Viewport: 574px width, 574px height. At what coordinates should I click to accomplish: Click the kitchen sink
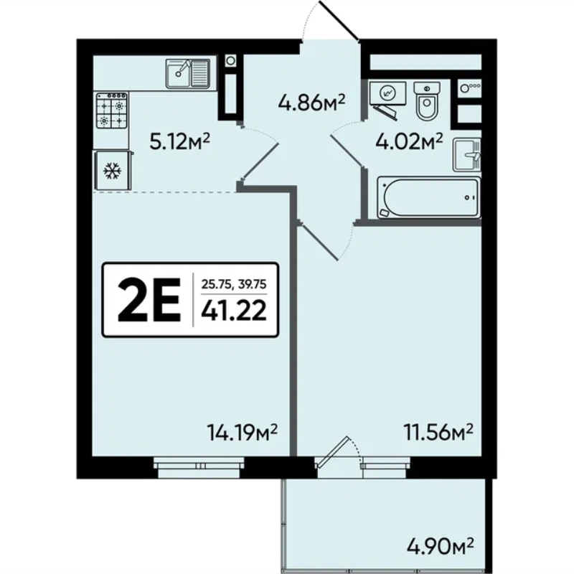pyautogui.click(x=188, y=74)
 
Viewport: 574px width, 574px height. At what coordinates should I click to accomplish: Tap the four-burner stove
pyautogui.click(x=112, y=110)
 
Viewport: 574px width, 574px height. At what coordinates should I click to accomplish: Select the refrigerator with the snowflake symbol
pyautogui.click(x=113, y=171)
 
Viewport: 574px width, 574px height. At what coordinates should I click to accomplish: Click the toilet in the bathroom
pyautogui.click(x=426, y=100)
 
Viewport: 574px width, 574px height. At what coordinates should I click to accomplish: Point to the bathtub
pyautogui.click(x=428, y=198)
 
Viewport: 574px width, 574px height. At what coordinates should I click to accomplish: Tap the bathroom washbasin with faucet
pyautogui.click(x=467, y=154)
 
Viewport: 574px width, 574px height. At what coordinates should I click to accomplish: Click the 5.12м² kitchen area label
pyautogui.click(x=179, y=141)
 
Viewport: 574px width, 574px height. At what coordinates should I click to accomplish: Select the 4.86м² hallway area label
pyautogui.click(x=312, y=102)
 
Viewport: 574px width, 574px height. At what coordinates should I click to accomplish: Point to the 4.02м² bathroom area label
pyautogui.click(x=409, y=141)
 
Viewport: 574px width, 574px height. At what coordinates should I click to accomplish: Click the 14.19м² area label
pyautogui.click(x=242, y=433)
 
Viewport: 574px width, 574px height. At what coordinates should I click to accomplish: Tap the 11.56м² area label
pyautogui.click(x=438, y=433)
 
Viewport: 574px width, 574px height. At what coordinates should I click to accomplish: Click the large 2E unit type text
pyautogui.click(x=149, y=300)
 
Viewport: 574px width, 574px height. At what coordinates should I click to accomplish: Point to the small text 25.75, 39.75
pyautogui.click(x=234, y=284)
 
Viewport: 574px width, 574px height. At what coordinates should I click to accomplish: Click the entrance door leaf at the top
pyautogui.click(x=339, y=19)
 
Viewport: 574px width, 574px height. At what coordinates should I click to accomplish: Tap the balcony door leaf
pyautogui.click(x=332, y=452)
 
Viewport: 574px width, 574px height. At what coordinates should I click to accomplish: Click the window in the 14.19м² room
pyautogui.click(x=199, y=468)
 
